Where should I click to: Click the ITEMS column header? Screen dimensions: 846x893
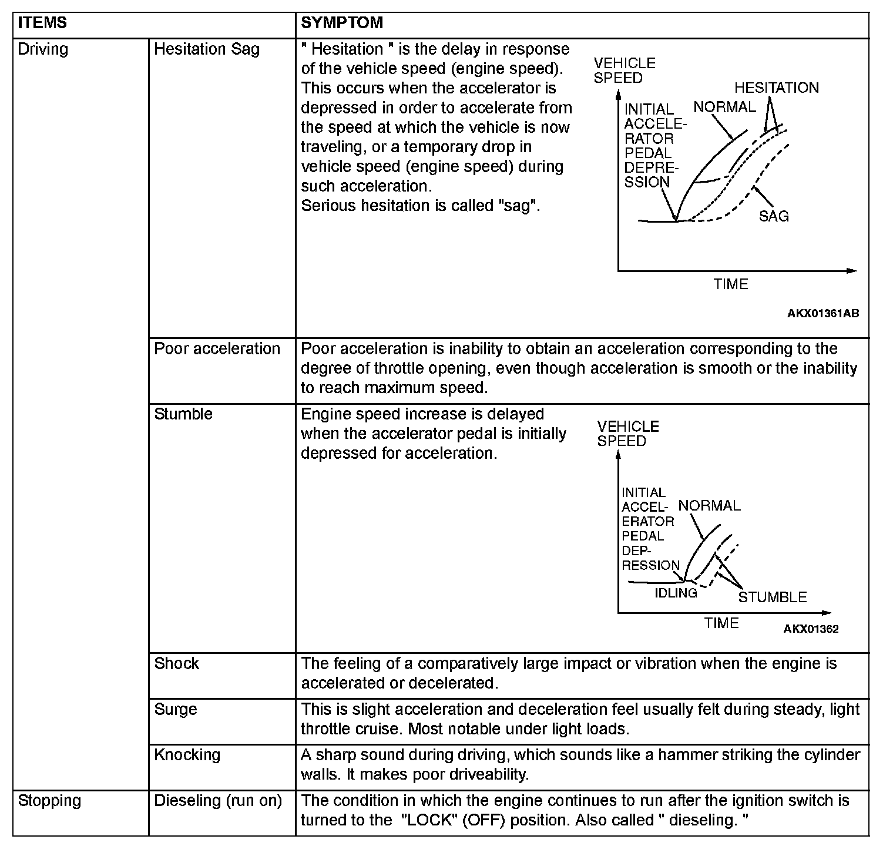[42, 23]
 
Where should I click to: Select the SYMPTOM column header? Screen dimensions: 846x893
[342, 23]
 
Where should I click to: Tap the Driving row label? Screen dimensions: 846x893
[43, 49]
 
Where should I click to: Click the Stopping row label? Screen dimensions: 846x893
[49, 801]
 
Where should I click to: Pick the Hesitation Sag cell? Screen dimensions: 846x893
[206, 49]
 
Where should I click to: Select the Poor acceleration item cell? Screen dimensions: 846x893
[217, 349]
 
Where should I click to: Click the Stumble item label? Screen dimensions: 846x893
[183, 414]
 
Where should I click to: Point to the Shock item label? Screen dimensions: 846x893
[176, 664]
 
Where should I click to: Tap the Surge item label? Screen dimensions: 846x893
[175, 710]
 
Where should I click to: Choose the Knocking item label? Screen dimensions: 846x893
[187, 755]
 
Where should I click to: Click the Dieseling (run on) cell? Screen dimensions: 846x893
[217, 801]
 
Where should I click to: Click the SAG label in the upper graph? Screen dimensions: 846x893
[774, 216]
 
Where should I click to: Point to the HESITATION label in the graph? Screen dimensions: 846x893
[776, 88]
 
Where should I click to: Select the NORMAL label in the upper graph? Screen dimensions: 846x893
[724, 108]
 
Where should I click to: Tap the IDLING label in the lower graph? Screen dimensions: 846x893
[676, 593]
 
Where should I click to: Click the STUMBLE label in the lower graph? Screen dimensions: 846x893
[772, 597]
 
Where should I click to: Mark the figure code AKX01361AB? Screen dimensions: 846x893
[822, 314]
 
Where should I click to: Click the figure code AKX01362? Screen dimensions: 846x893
[811, 629]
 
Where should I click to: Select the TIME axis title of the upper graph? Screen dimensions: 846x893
[731, 284]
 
